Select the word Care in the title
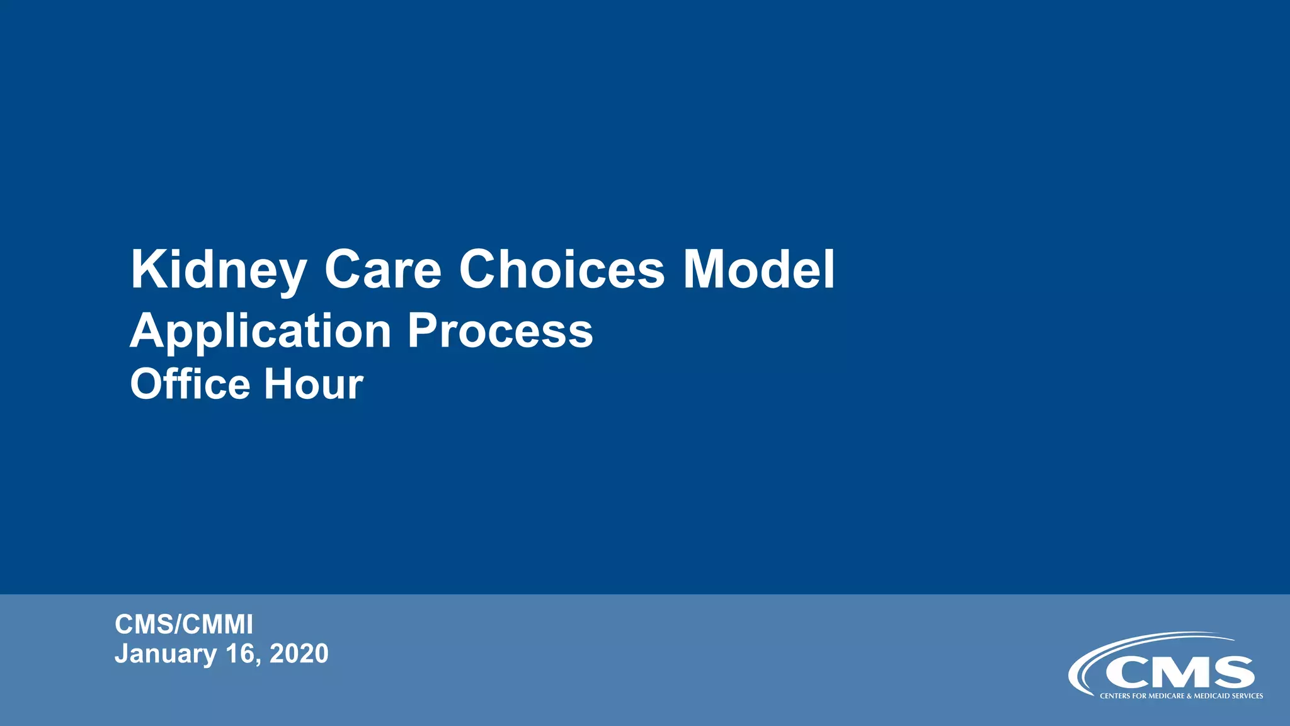383,270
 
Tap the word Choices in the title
561,270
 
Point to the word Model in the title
759,270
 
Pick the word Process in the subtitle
500,331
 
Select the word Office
190,384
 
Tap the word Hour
314,384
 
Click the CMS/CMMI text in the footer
184,625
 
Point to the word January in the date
166,654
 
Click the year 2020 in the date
299,654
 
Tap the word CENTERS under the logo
1114,696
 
